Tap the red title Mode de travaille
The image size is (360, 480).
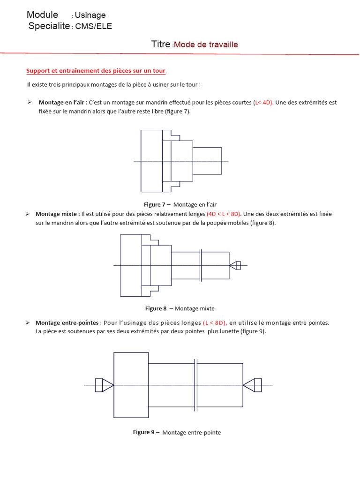point(206,45)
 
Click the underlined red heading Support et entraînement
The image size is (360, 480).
point(96,71)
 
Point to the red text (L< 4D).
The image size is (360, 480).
point(263,102)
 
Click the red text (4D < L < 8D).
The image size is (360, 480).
point(224,214)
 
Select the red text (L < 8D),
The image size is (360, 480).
point(215,322)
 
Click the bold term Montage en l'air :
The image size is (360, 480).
point(63,102)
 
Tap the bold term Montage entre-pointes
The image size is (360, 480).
point(67,322)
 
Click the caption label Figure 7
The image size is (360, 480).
point(154,204)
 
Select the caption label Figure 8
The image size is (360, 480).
point(156,308)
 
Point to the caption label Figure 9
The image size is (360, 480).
point(143,432)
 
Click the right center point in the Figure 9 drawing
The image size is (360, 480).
point(252,385)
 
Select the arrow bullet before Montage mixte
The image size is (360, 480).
point(28,214)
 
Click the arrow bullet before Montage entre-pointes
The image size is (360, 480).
point(28,322)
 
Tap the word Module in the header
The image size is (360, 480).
point(42,15)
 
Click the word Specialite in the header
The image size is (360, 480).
point(49,26)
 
